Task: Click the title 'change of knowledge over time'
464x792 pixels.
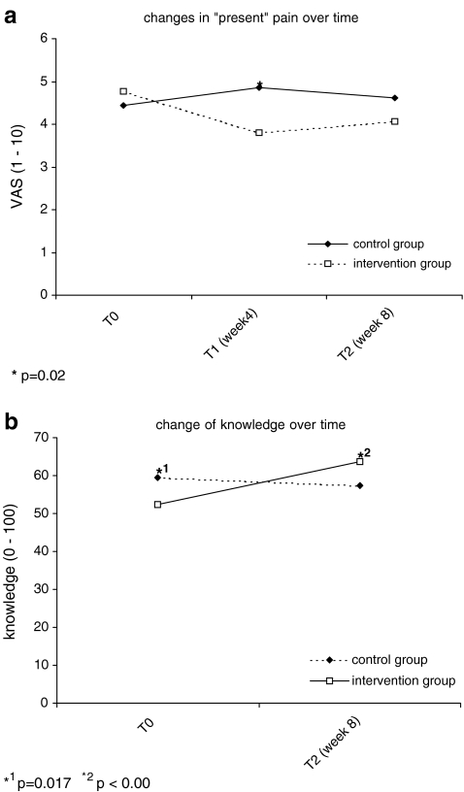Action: point(258,424)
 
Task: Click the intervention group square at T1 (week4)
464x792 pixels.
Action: point(259,132)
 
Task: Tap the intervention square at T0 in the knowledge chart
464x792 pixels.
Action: point(157,505)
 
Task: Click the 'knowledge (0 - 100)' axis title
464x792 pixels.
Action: point(13,571)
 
